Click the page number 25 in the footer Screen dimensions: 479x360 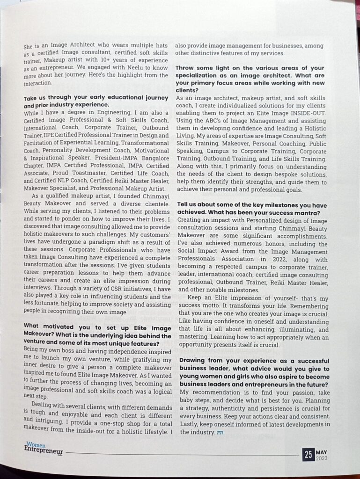309,454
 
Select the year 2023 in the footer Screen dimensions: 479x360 322,458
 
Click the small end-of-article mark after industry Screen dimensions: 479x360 220,432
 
